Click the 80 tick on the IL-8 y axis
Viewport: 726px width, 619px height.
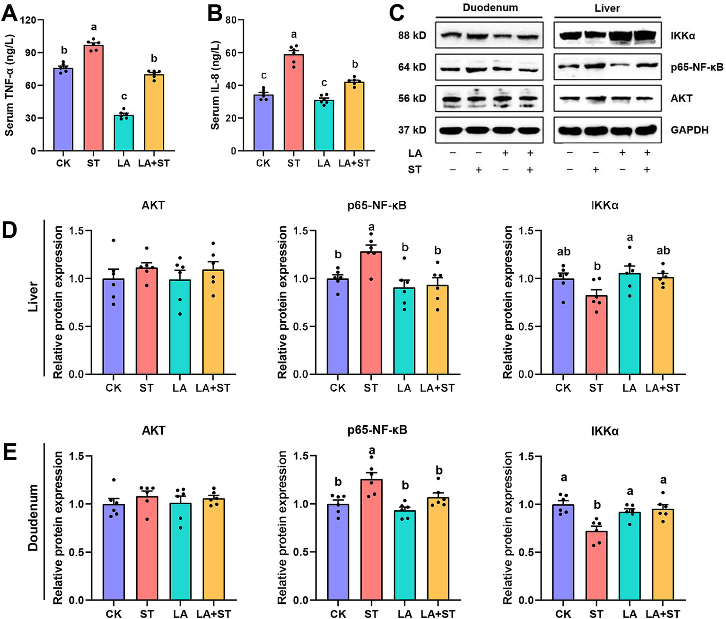pyautogui.click(x=231, y=20)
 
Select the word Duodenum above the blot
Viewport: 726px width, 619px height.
pyautogui.click(x=490, y=8)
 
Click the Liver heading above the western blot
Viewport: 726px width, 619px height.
pyautogui.click(x=607, y=9)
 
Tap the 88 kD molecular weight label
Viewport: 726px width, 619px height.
pyautogui.click(x=412, y=35)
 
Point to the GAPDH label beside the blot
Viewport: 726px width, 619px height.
pyautogui.click(x=690, y=129)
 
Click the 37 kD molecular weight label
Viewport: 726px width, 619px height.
pyautogui.click(x=412, y=129)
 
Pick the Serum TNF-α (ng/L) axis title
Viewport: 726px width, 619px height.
pyautogui.click(x=9, y=85)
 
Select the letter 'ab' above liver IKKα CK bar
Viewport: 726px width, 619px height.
pyautogui.click(x=563, y=251)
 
